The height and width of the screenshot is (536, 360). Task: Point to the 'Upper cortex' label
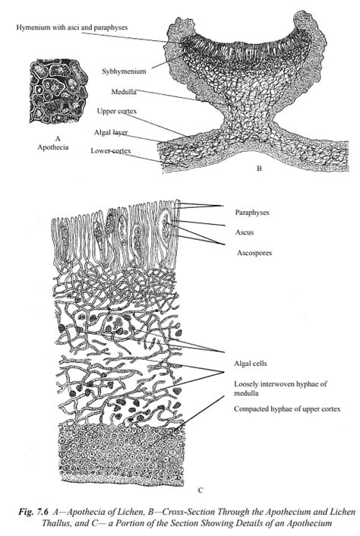(117, 112)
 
